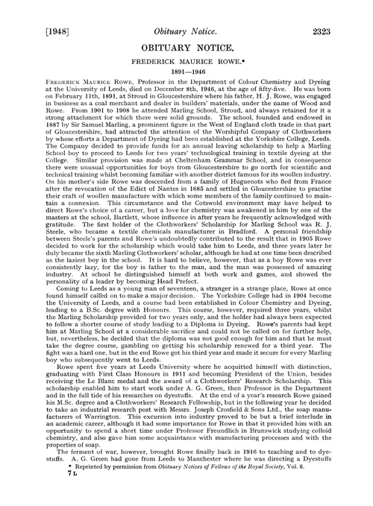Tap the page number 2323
346,11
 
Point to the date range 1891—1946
186,64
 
